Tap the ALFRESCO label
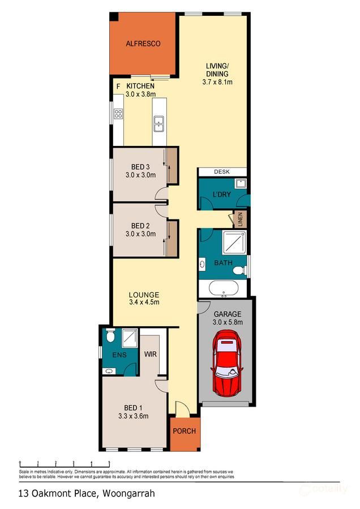[x=143, y=44]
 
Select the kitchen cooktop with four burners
[x=118, y=114]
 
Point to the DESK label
[x=222, y=172]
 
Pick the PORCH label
[x=184, y=431]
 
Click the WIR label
[x=150, y=355]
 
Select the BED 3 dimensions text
[x=140, y=175]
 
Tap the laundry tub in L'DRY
[x=240, y=183]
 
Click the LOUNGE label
[x=144, y=295]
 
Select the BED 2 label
[x=140, y=225]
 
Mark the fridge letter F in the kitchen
[x=118, y=86]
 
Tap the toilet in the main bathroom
[x=239, y=270]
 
